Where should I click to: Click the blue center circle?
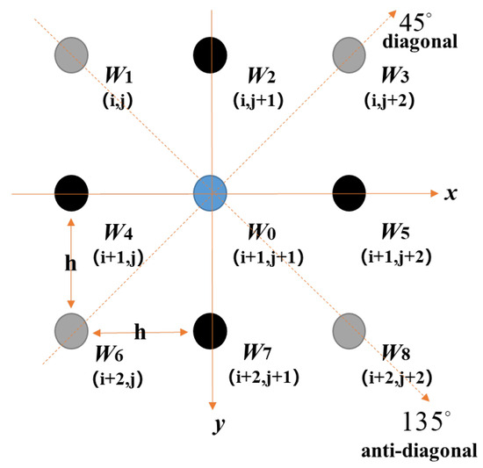(x=210, y=191)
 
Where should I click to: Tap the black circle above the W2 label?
(x=210, y=54)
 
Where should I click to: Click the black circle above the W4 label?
(x=70, y=191)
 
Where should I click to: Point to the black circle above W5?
(x=350, y=191)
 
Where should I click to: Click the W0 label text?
(x=262, y=233)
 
